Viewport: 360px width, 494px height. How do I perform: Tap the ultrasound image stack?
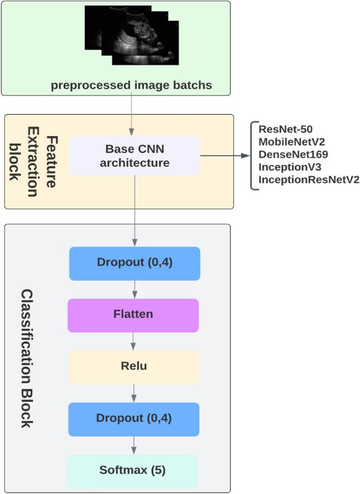[x=132, y=35]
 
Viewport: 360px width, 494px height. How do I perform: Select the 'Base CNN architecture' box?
[x=134, y=156]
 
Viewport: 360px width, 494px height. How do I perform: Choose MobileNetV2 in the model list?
[x=292, y=142]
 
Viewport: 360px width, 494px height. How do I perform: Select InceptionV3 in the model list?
[x=289, y=166]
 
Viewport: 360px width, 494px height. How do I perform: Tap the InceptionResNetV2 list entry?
[x=309, y=178]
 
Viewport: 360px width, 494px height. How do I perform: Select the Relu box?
[x=134, y=367]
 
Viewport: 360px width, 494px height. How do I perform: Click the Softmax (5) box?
[x=133, y=471]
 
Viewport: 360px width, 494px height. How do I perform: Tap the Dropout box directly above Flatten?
[x=134, y=263]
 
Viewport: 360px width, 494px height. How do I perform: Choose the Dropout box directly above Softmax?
[x=134, y=419]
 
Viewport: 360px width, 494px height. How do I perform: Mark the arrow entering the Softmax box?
[x=134, y=445]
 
